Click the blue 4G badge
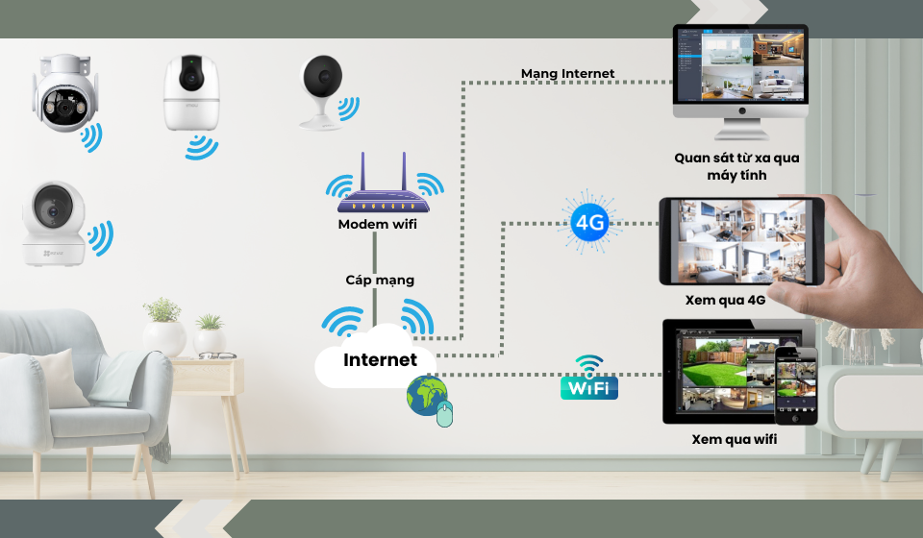click(x=587, y=225)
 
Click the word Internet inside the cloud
click(x=381, y=360)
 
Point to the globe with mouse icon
click(x=428, y=399)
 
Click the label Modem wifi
click(x=377, y=225)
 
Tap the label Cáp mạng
click(x=380, y=280)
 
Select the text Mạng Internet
click(x=567, y=73)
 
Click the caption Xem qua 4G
click(x=725, y=300)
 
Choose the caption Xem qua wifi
click(x=734, y=439)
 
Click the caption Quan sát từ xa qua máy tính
click(x=736, y=166)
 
